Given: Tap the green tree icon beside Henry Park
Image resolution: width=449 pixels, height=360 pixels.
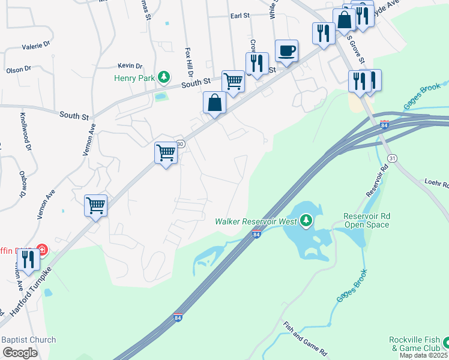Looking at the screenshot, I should pyautogui.click(x=163, y=77).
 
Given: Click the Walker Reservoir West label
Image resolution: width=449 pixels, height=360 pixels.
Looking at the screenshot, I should pyautogui.click(x=256, y=221).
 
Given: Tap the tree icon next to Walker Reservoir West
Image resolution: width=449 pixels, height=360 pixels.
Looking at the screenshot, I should pyautogui.click(x=306, y=221).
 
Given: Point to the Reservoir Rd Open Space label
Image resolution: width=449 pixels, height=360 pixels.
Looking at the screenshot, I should pyautogui.click(x=366, y=220).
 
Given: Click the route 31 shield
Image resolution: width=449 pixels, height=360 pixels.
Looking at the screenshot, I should pyautogui.click(x=393, y=158).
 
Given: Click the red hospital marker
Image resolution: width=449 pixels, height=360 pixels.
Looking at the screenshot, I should pyautogui.click(x=42, y=250).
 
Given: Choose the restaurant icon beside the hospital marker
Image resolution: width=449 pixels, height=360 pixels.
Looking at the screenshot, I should pyautogui.click(x=28, y=259).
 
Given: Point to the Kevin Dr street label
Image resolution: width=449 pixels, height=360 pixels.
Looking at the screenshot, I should pyautogui.click(x=130, y=65).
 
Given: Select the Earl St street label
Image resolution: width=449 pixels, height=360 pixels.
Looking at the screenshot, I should pyautogui.click(x=240, y=16).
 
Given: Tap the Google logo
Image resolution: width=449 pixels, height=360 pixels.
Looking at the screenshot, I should pyautogui.click(x=20, y=353).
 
